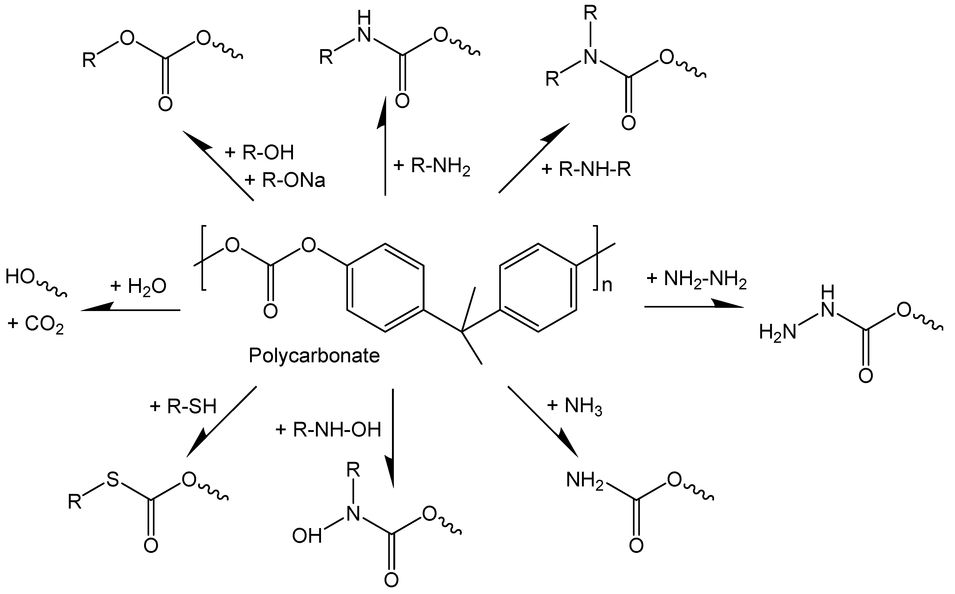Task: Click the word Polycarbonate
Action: click(314, 356)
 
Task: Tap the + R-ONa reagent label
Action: click(285, 181)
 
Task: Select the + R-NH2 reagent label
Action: click(431, 167)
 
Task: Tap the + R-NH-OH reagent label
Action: click(328, 430)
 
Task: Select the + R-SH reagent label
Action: click(183, 406)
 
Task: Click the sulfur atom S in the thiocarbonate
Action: click(113, 480)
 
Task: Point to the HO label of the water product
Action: click(20, 277)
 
